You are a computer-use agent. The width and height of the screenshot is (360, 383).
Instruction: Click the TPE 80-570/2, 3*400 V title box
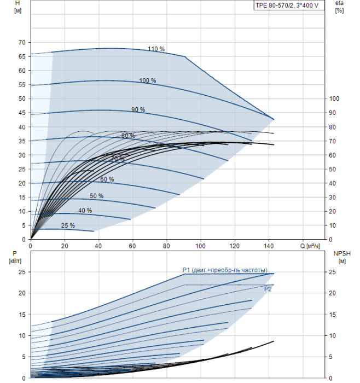click(289, 5)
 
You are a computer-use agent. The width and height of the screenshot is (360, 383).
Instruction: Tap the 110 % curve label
click(156, 49)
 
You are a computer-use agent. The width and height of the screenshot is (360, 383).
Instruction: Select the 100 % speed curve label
click(148, 80)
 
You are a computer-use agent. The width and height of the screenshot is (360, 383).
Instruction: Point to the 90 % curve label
click(138, 109)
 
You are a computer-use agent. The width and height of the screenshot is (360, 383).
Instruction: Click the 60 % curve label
click(107, 179)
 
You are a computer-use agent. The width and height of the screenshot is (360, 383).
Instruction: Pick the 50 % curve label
click(96, 196)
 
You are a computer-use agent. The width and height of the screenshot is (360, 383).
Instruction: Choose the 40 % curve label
click(85, 210)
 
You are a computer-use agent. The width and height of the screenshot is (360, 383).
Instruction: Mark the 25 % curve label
click(68, 225)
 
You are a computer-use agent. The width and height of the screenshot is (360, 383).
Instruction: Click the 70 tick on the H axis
click(22, 43)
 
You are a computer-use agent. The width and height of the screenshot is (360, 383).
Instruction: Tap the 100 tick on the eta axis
click(334, 98)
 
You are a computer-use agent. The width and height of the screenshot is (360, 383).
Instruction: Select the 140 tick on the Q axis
click(269, 246)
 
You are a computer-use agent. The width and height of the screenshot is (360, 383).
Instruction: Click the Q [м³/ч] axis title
click(310, 246)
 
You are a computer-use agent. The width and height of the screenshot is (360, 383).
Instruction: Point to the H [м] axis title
click(18, 7)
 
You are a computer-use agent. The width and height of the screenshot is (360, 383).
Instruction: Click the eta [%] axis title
click(340, 7)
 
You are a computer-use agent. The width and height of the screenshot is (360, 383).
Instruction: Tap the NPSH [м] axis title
click(342, 258)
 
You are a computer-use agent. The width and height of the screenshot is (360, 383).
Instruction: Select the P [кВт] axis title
click(15, 258)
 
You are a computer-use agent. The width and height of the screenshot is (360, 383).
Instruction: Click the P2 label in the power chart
click(268, 289)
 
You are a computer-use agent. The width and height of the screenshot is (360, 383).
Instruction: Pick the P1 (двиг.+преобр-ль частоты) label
click(225, 270)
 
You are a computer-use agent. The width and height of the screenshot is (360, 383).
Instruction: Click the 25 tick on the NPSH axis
click(332, 272)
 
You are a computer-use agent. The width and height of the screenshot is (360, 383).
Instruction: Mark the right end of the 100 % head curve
click(274, 119)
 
